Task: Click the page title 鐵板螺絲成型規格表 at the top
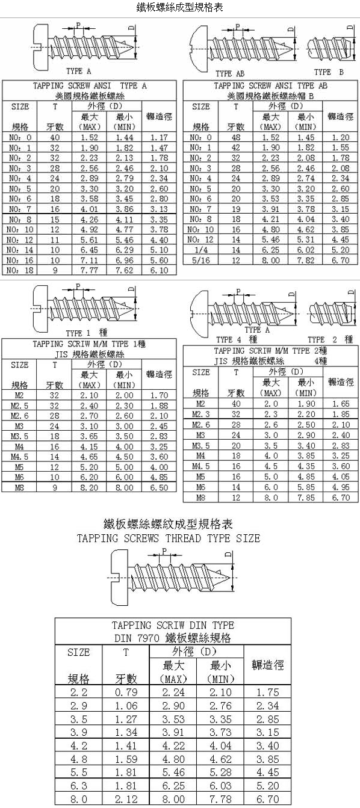click(179, 8)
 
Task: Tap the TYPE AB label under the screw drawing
click(230, 73)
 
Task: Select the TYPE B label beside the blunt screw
click(329, 72)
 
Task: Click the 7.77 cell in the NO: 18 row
click(89, 270)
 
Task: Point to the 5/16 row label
click(200, 260)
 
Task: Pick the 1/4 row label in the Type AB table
click(200, 250)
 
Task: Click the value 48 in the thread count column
click(236, 137)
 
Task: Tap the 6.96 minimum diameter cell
click(124, 260)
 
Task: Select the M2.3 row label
click(200, 414)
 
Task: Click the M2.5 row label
click(19, 406)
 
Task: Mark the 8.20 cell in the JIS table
click(89, 487)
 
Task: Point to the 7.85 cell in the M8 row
click(306, 498)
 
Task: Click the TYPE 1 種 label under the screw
click(87, 333)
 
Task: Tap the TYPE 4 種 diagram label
click(237, 339)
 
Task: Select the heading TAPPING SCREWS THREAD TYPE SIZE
click(169, 538)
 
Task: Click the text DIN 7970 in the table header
click(137, 638)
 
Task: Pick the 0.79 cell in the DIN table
click(126, 692)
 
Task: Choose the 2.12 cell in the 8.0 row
click(126, 799)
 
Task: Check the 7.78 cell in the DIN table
click(220, 799)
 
